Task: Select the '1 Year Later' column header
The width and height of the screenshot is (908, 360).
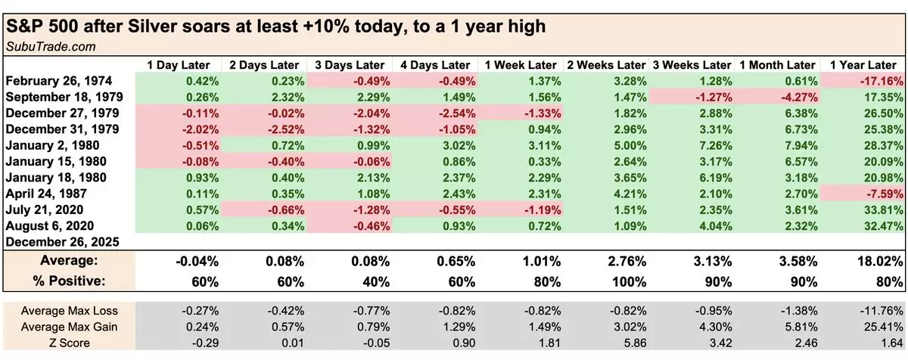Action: pos(863,65)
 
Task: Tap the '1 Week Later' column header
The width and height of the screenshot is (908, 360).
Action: pos(521,65)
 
